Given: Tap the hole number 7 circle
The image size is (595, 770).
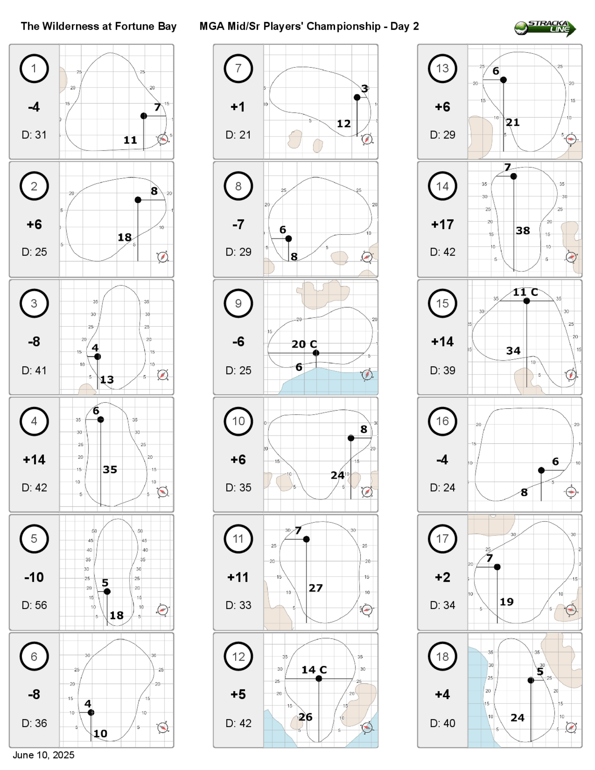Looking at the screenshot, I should coord(238,68).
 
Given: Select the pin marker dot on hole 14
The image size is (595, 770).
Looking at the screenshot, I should coord(513,176).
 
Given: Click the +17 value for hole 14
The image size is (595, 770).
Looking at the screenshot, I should coord(442,225).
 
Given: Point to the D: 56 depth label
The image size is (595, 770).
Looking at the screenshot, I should coord(34,605).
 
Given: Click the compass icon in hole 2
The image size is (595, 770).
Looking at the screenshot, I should coord(162,257).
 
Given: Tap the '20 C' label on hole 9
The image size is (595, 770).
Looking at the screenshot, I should coord(304,344).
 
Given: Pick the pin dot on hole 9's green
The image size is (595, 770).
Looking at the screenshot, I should coord(316,353).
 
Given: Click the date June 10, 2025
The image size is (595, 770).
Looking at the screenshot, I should coord(43,755).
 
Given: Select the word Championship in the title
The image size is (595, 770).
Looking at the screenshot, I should coord(343,26).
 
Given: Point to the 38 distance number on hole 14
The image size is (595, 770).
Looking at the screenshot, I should coord(523,231).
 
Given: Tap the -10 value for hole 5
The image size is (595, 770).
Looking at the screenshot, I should coord(34,577).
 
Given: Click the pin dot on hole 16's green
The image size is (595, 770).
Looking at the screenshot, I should coord(541,470).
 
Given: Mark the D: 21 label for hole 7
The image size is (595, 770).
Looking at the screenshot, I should coord(238,135).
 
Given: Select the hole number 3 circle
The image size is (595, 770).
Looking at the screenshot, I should coord(34,303).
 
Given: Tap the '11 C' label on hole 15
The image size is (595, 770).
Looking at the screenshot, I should coord(525,292).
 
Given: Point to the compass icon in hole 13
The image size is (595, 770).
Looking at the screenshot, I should coord(571,139).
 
